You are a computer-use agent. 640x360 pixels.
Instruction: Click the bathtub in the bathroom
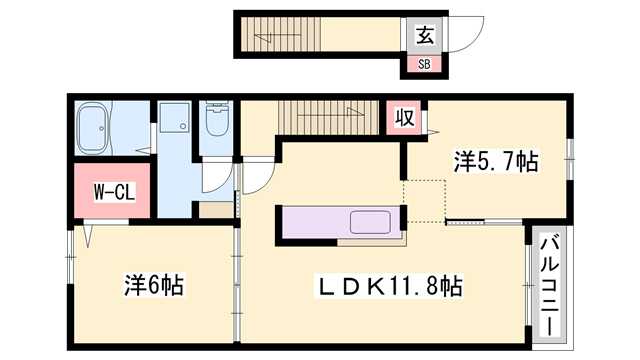click(93, 128)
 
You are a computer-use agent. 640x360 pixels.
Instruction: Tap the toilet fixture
click(217, 119)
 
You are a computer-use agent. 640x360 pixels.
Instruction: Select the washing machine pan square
click(174, 117)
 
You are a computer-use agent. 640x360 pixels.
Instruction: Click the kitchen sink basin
click(370, 222)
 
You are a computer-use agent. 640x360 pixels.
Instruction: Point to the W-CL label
click(114, 192)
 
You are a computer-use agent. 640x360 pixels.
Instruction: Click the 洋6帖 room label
click(154, 285)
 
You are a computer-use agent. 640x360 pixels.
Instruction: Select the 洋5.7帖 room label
click(496, 161)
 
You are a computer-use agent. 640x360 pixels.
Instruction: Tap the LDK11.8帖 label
click(388, 285)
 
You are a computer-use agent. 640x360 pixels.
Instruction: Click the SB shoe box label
click(424, 64)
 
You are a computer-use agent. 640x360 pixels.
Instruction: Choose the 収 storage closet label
click(404, 117)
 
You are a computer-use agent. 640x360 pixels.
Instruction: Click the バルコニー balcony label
click(549, 285)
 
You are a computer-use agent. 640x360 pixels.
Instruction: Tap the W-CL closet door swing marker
click(88, 236)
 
